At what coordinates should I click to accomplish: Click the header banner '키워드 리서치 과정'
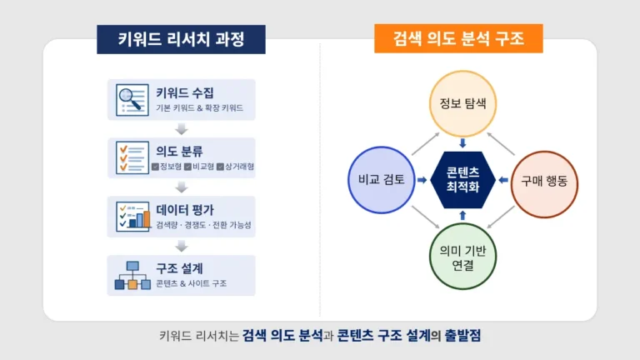click(x=181, y=39)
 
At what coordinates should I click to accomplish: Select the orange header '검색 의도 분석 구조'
click(x=458, y=39)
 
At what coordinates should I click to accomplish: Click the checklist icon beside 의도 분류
click(x=130, y=158)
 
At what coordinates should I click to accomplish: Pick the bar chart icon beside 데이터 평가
click(x=130, y=215)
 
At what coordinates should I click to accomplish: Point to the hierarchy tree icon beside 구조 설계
click(x=130, y=275)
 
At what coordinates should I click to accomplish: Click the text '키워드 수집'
click(x=183, y=92)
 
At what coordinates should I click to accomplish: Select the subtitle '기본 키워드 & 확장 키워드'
click(x=200, y=109)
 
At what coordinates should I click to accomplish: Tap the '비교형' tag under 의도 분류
click(x=198, y=167)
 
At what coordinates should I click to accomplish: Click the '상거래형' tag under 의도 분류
click(x=235, y=167)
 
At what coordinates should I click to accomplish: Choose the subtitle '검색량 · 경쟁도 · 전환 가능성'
click(x=203, y=225)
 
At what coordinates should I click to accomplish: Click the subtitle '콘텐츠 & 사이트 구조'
click(x=191, y=283)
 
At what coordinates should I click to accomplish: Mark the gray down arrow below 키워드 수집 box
click(x=181, y=129)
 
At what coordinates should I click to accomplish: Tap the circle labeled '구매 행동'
click(x=544, y=179)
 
